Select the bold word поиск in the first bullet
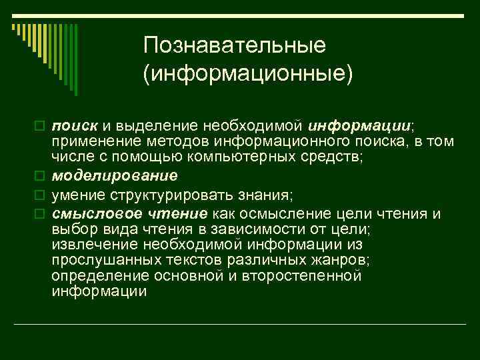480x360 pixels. pos(75,126)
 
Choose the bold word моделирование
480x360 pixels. pos(115,175)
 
